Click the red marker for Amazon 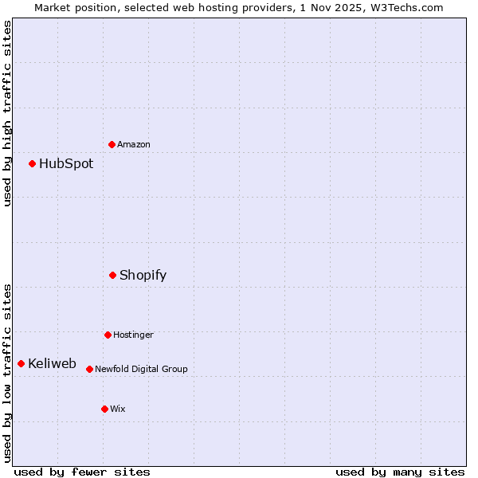112,144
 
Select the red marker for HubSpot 33,163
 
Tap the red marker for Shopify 113,275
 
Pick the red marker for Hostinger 108,335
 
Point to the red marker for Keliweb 22,363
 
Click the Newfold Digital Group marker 89,369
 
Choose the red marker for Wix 104,409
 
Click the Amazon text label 134,144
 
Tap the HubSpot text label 66,163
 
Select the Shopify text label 143,275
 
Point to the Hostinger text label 133,335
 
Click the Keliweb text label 52,363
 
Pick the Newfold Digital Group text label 141,369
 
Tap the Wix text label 118,409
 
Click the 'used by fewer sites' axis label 82,472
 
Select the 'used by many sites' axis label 400,472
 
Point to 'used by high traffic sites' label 7,113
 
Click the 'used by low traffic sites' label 7,373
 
